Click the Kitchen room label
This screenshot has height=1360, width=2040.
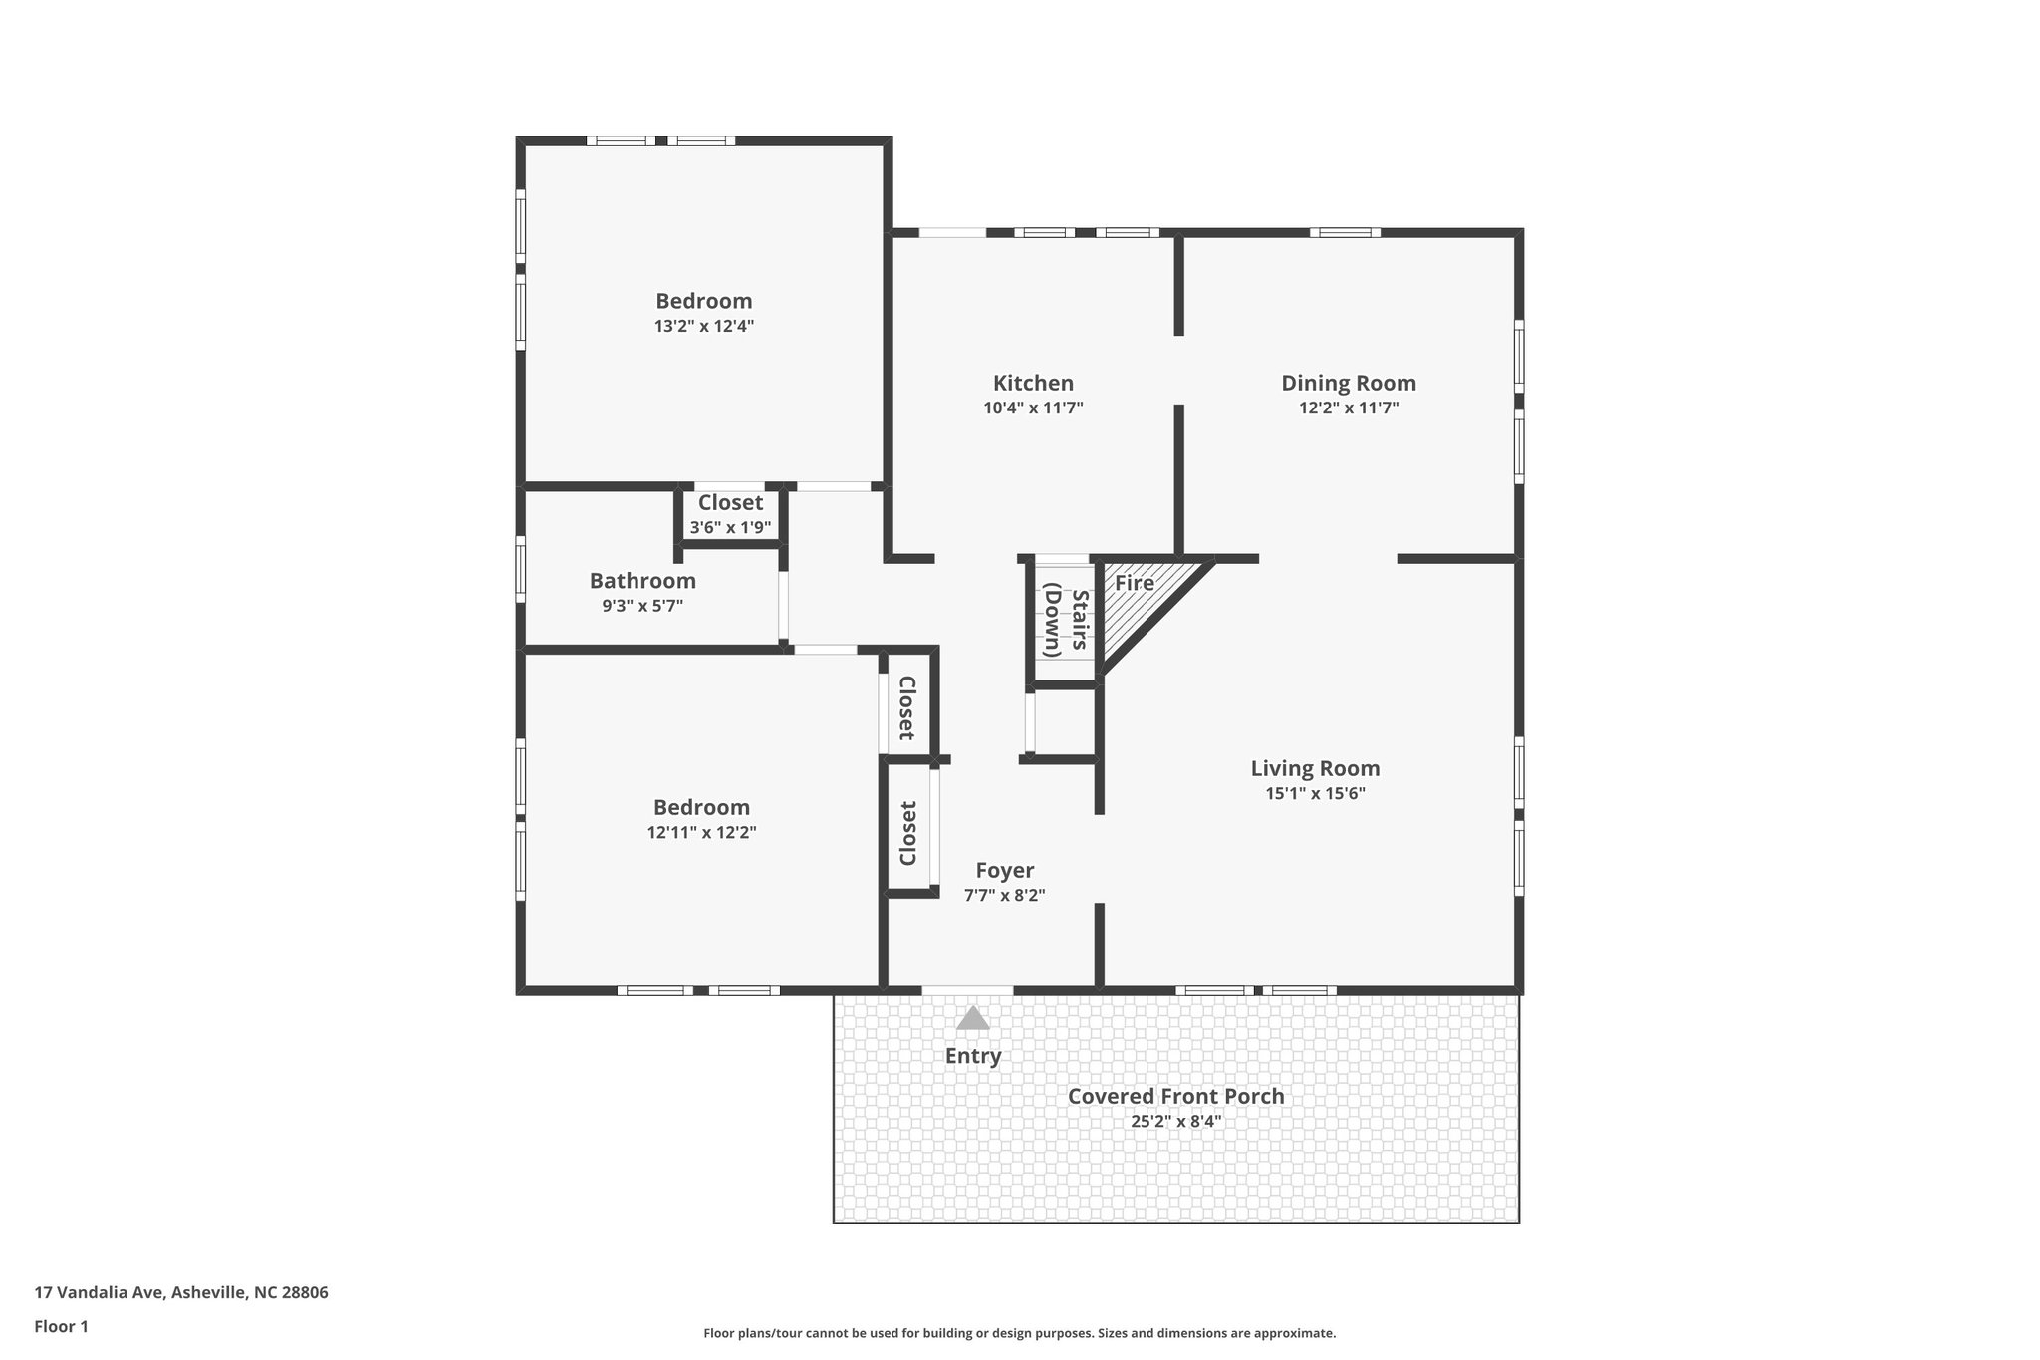click(x=1033, y=383)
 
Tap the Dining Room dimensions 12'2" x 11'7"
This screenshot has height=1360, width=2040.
click(x=1348, y=408)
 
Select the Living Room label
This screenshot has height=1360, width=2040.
click(x=1315, y=768)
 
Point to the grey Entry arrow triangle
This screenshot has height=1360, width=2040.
click(x=972, y=1018)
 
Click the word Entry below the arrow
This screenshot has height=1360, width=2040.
click(x=972, y=1056)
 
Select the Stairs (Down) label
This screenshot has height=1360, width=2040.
click(x=1064, y=621)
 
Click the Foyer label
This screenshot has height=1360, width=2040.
click(x=1004, y=870)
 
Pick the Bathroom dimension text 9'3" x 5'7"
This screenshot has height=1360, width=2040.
click(x=641, y=605)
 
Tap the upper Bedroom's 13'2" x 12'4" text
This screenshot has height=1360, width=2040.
click(x=703, y=326)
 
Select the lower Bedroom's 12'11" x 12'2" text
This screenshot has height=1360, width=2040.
click(x=701, y=832)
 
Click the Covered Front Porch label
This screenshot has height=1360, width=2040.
click(x=1175, y=1096)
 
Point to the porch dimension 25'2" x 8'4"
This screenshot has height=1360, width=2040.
click(x=1175, y=1121)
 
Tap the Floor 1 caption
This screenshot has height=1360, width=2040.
click(x=61, y=1326)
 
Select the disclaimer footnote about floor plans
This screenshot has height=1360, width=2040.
click(x=1019, y=1333)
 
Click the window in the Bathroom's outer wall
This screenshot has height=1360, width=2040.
click(x=520, y=569)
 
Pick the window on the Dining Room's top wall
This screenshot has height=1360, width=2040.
click(x=1345, y=233)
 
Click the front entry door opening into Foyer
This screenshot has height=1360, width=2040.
click(x=966, y=989)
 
